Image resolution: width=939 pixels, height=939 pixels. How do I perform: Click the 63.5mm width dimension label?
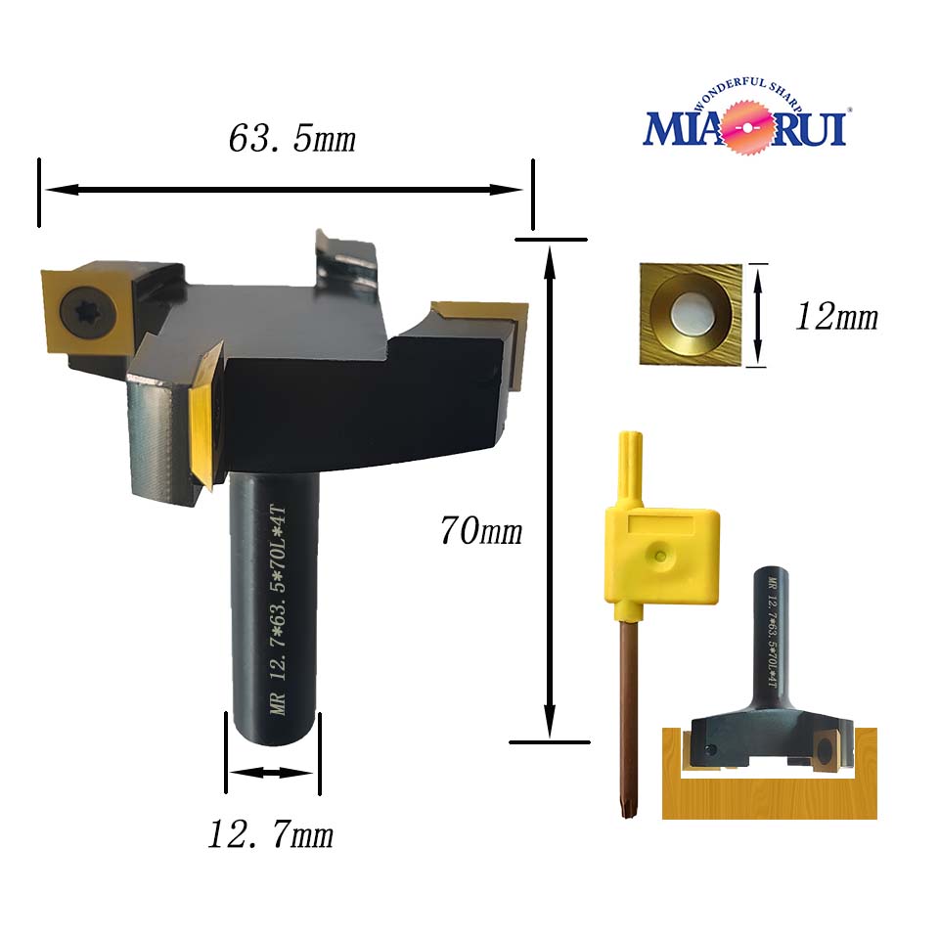[x=292, y=139]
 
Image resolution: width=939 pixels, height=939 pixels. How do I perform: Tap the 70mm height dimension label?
[x=481, y=531]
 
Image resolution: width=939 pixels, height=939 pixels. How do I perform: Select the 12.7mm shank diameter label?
[x=271, y=834]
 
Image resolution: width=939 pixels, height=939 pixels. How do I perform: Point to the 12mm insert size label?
[x=836, y=316]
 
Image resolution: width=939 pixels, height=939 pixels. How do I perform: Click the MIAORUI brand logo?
[x=745, y=118]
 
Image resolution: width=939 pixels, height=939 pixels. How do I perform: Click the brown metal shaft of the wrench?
[x=627, y=719]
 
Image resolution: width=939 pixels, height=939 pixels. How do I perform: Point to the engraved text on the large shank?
[x=279, y=609]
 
